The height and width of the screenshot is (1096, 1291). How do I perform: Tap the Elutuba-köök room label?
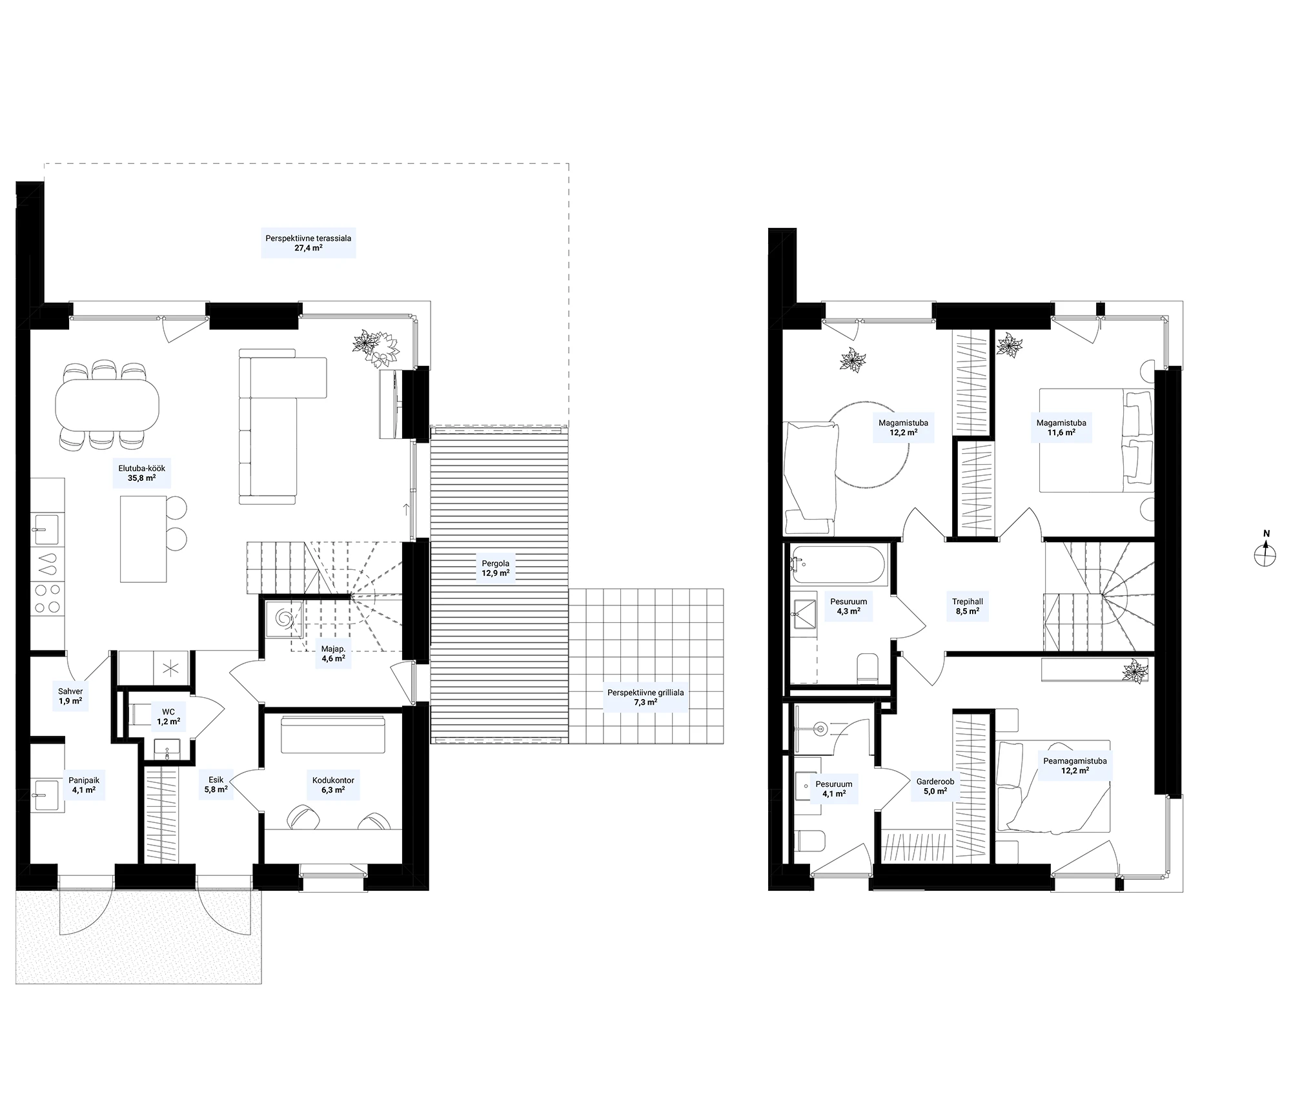[x=137, y=473]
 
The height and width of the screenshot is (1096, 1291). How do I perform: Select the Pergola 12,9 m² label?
[x=496, y=568]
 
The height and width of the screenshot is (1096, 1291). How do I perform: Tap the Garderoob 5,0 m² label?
[x=935, y=786]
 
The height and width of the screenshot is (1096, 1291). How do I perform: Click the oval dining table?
[x=108, y=405]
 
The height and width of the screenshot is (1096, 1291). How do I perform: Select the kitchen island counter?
[x=143, y=538]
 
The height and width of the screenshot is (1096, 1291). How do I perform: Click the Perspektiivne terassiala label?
[x=309, y=243]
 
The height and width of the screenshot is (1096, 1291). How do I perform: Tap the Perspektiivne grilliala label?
[x=645, y=697]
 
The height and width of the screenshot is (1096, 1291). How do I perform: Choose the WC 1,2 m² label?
[x=168, y=716]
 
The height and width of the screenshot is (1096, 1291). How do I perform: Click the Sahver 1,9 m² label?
[x=70, y=695]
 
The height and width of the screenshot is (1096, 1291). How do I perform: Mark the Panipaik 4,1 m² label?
[x=84, y=784]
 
